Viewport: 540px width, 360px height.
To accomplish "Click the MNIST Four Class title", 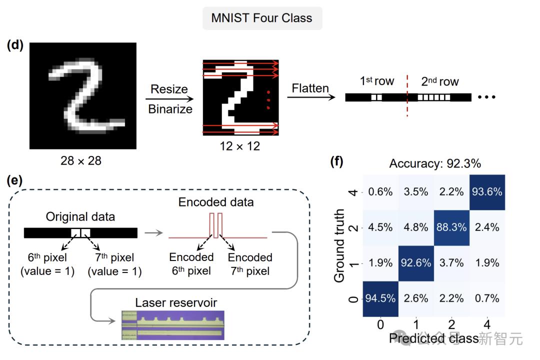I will point(261,18).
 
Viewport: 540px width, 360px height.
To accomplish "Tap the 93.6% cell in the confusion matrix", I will point(486,192).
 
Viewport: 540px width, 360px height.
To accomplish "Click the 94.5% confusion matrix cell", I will point(380,298).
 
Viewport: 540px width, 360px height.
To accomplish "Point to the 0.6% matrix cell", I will point(380,192).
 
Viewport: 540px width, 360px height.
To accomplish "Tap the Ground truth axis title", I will point(339,244).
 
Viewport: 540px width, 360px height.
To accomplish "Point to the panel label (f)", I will point(337,161).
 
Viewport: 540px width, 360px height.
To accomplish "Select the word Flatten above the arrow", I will point(310,88).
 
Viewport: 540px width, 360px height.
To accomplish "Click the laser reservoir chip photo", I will point(173,325).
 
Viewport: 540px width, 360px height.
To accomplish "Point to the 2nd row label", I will point(439,81).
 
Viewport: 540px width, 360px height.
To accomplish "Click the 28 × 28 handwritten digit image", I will point(82,95).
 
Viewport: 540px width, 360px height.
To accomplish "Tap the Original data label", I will point(80,217).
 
